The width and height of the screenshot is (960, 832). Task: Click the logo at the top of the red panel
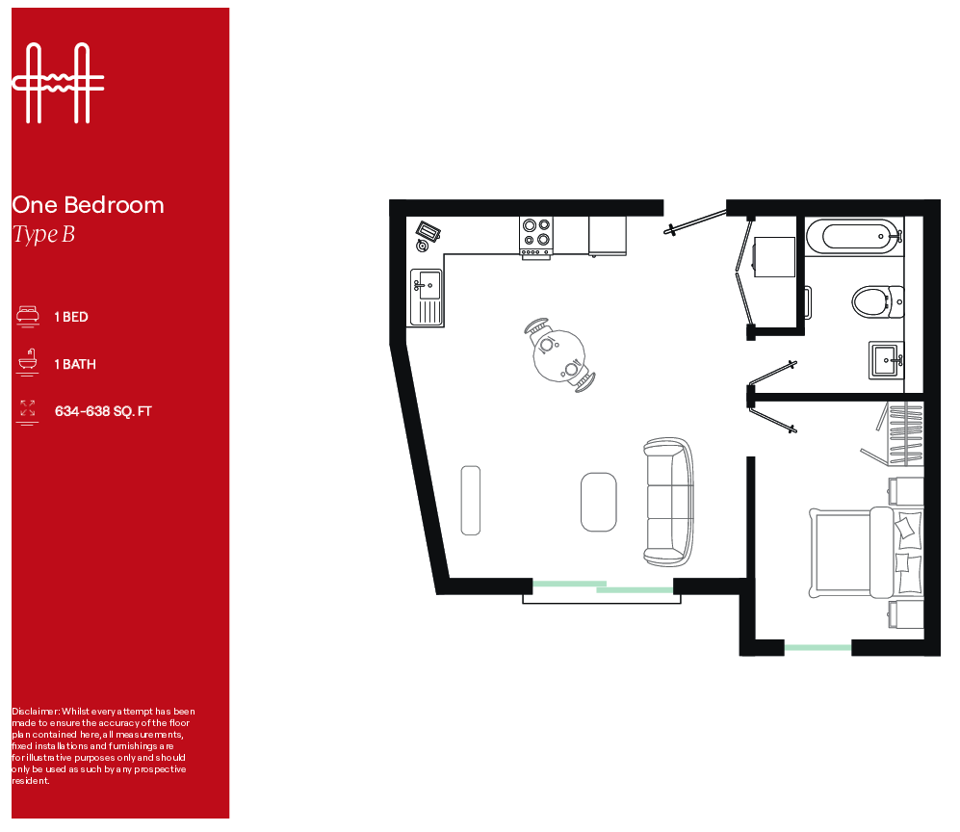[x=57, y=83]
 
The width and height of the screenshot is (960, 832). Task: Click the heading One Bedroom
[x=88, y=205]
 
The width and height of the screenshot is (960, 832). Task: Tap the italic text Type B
[x=43, y=234]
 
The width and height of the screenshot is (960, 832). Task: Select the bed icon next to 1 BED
[x=27, y=316]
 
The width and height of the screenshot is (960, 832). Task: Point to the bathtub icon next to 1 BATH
[x=27, y=363]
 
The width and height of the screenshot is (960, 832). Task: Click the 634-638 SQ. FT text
[x=103, y=411]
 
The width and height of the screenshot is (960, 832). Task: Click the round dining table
[x=558, y=355]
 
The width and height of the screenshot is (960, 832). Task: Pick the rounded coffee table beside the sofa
[x=598, y=501]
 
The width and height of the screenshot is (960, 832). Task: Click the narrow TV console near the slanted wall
[x=470, y=500]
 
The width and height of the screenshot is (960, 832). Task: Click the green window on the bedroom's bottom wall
[x=817, y=647]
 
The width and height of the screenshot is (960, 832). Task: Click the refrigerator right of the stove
[x=607, y=236]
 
